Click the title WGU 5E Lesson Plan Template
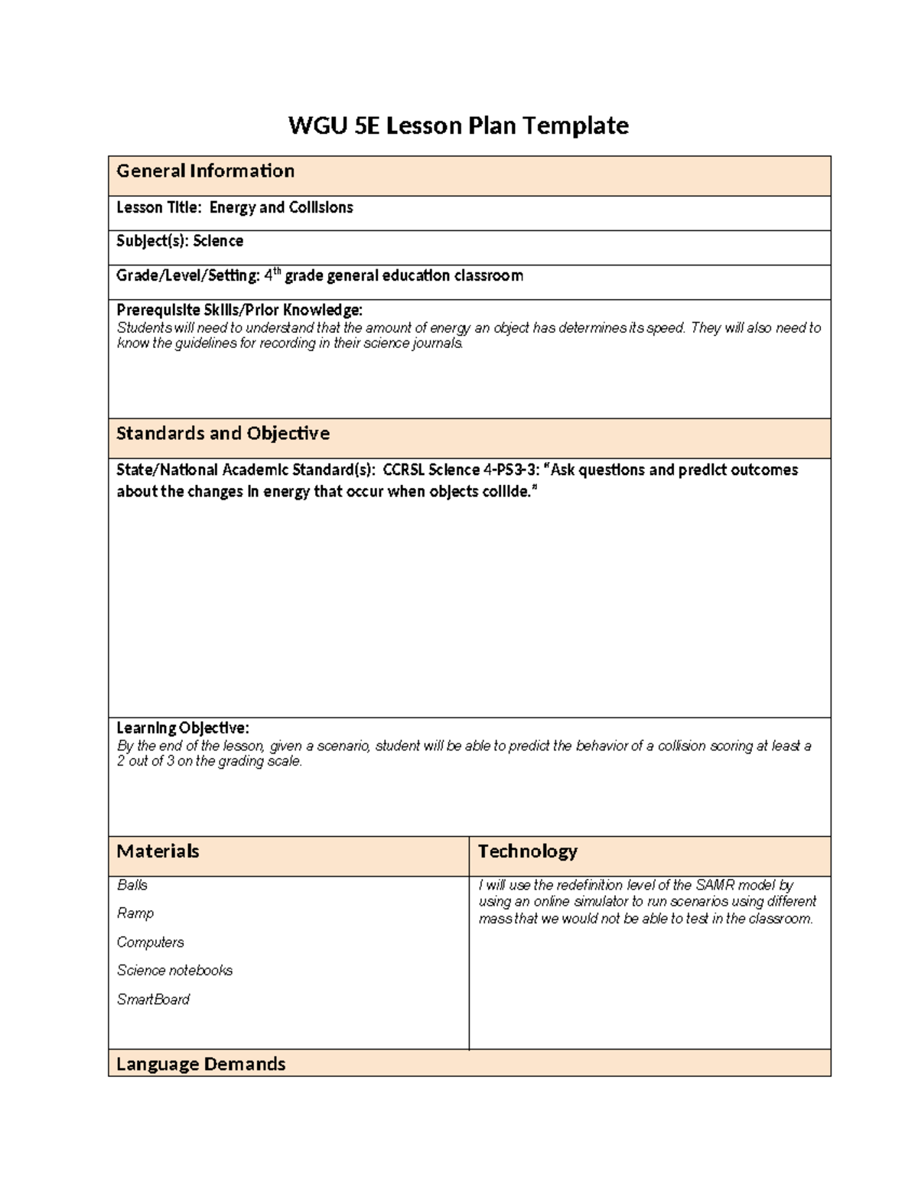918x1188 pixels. pyautogui.click(x=458, y=125)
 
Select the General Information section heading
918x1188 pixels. pyautogui.click(x=205, y=171)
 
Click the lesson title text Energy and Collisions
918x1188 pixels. pyautogui.click(x=281, y=207)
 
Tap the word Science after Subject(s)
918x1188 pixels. pyautogui.click(x=218, y=241)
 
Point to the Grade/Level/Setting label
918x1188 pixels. pyautogui.click(x=187, y=275)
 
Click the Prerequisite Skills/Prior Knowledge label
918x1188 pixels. pyautogui.click(x=239, y=310)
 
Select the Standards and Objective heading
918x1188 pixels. pyautogui.click(x=223, y=434)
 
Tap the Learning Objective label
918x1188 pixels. pyautogui.click(x=182, y=727)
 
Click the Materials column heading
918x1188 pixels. pyautogui.click(x=158, y=851)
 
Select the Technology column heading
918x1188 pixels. pyautogui.click(x=527, y=851)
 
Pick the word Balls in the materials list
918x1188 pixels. pyautogui.click(x=132, y=885)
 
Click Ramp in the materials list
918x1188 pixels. pyautogui.click(x=135, y=913)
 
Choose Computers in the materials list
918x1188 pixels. pyautogui.click(x=150, y=942)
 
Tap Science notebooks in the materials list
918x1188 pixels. pyautogui.click(x=174, y=971)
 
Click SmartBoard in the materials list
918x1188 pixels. pyautogui.click(x=153, y=1000)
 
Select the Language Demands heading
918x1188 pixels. pyautogui.click(x=200, y=1064)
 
